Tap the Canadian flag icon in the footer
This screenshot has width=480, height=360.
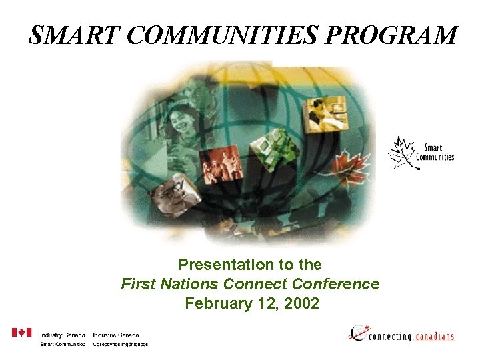tap(21, 333)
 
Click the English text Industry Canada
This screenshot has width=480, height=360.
tap(62, 335)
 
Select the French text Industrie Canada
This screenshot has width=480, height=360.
tap(116, 335)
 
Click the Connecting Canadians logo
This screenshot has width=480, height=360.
tap(401, 333)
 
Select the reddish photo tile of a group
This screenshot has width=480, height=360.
tap(220, 163)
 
